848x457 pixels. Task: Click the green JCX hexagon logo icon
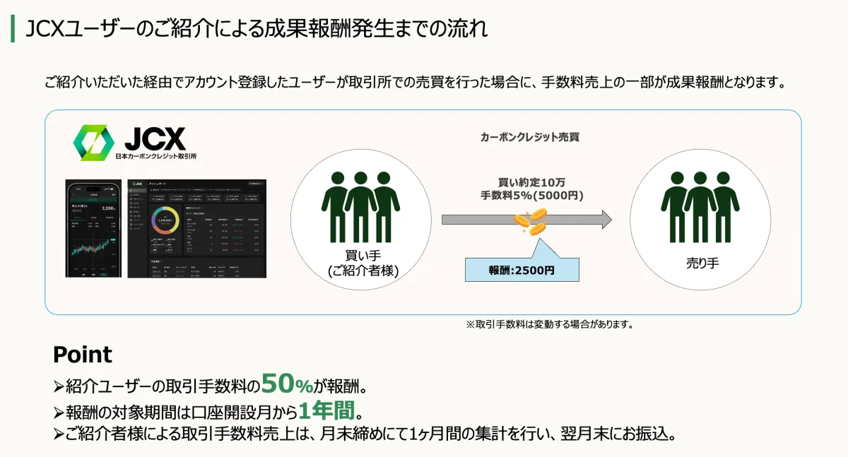click(93, 142)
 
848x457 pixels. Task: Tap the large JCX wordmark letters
click(153, 138)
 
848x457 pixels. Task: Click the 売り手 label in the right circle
click(700, 263)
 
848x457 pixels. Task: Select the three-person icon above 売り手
click(700, 206)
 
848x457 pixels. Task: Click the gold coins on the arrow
click(530, 222)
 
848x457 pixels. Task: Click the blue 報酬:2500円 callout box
click(522, 270)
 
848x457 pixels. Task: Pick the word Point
click(82, 354)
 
